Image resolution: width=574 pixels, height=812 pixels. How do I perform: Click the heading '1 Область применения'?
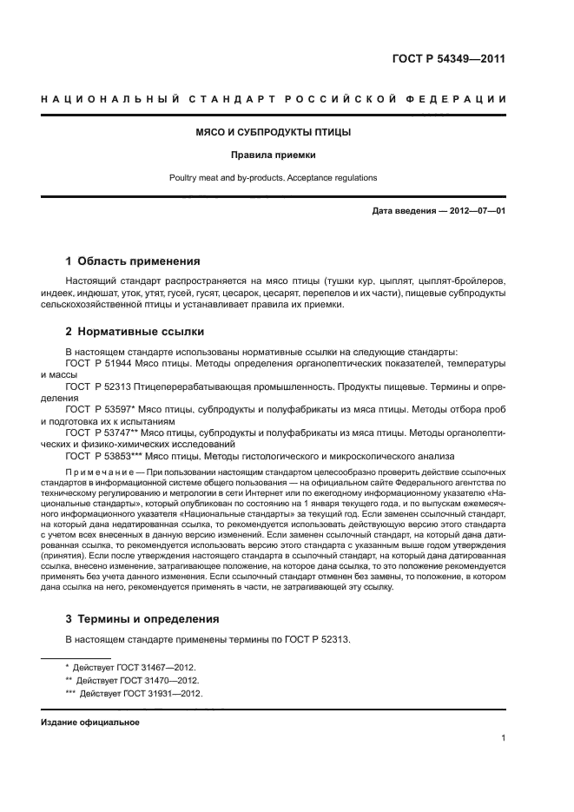click(x=133, y=261)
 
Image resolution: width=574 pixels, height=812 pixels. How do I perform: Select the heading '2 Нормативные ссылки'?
click(x=131, y=331)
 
